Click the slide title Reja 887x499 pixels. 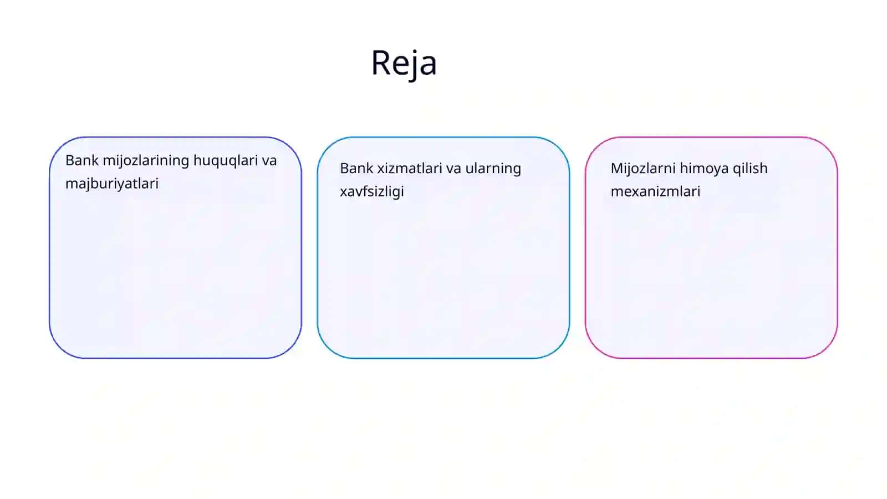[404, 63]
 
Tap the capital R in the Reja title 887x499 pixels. [381, 62]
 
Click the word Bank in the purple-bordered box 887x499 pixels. [82, 160]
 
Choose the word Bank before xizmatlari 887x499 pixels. [356, 169]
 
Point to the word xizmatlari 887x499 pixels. [411, 169]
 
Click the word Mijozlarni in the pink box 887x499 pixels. [643, 169]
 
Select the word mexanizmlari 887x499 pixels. [656, 192]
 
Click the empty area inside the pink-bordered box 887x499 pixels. [711, 277]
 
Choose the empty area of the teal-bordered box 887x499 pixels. [443, 277]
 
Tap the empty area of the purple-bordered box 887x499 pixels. [175, 273]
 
